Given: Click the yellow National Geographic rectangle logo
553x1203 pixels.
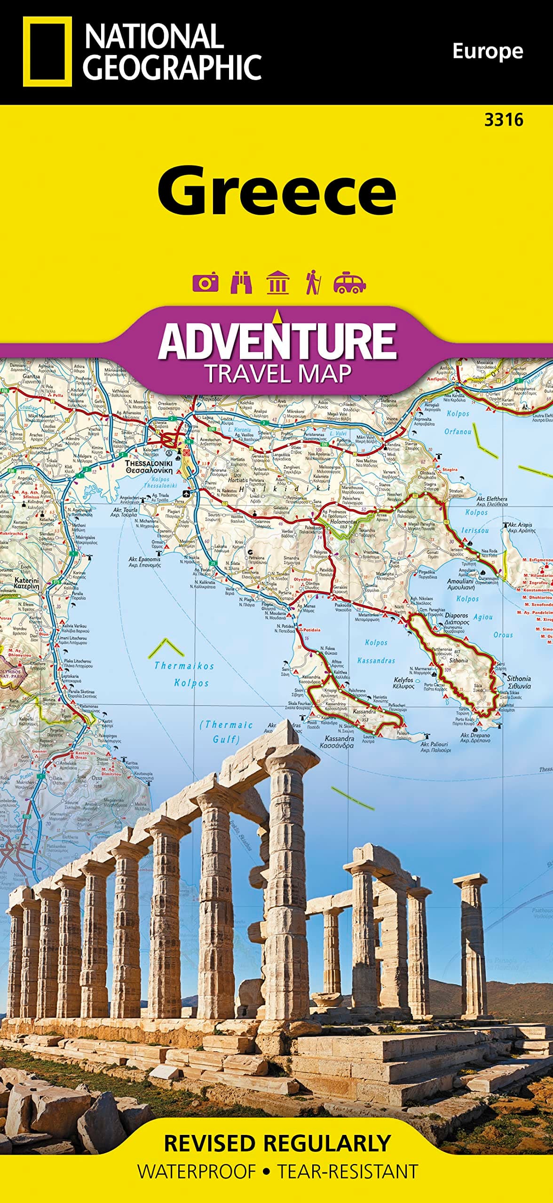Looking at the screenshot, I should (x=47, y=52).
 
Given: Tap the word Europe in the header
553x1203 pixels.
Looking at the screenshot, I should (x=487, y=51).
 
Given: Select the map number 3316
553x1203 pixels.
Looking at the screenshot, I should (x=504, y=120).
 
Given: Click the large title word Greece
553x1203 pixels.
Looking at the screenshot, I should (x=276, y=189).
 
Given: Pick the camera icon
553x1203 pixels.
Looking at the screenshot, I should (x=205, y=282).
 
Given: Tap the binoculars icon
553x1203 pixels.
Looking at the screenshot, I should (x=241, y=282).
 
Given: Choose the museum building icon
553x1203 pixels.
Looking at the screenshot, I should (x=277, y=282).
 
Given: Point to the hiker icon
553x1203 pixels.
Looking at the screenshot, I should (x=313, y=282).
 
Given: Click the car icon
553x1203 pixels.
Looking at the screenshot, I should (x=349, y=282).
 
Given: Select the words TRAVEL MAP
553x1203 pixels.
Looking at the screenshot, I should (x=277, y=374).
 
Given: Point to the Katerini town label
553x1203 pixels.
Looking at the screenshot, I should (x=26, y=583).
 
